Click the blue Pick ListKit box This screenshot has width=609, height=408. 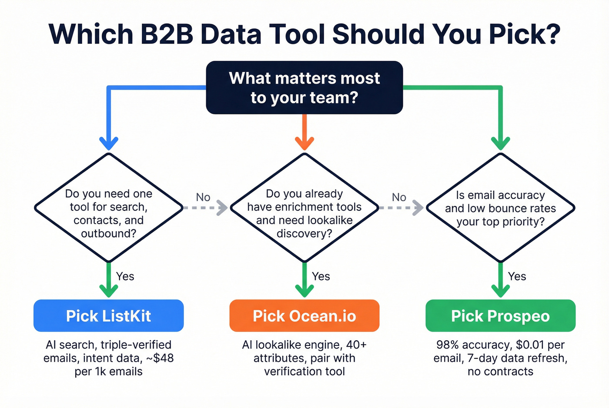(x=108, y=316)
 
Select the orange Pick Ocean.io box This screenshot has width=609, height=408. (x=304, y=316)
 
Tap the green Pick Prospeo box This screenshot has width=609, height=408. (x=500, y=316)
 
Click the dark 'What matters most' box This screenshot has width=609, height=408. (x=304, y=87)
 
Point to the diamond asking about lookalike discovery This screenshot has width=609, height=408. (x=304, y=208)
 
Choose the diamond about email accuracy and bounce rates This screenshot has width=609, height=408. (x=500, y=208)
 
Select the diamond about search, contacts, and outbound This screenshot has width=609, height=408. (x=108, y=208)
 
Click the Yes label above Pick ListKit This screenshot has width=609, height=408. (x=125, y=276)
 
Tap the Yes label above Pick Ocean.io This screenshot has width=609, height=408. (x=321, y=276)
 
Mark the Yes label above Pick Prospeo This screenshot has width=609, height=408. (x=517, y=276)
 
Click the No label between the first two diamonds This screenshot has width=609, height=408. (x=203, y=197)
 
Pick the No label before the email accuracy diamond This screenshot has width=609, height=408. (x=399, y=197)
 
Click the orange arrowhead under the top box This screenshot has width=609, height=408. (x=304, y=143)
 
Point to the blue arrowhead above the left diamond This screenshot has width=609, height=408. (x=108, y=143)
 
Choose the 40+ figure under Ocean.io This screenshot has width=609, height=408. (x=356, y=345)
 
